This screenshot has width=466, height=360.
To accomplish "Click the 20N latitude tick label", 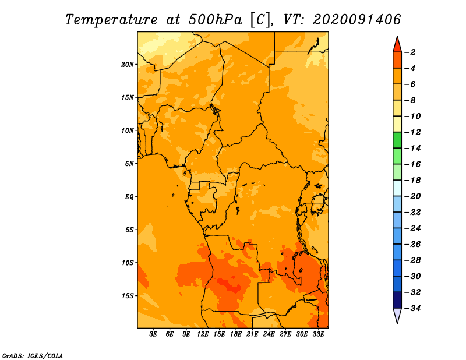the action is [x=128, y=65].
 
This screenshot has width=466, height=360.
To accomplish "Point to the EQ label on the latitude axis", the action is [x=129, y=197].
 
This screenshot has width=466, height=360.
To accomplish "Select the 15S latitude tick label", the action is [x=128, y=296].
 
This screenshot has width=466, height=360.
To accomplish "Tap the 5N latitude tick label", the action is [x=129, y=164].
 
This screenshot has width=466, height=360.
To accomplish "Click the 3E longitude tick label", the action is [x=153, y=334].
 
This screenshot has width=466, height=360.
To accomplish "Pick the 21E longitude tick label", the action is [x=252, y=334].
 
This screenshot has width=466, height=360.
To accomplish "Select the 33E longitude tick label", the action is [x=318, y=334].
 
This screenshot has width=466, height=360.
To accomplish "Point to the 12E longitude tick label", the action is [x=203, y=334].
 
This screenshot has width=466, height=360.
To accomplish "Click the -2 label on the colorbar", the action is [x=411, y=52].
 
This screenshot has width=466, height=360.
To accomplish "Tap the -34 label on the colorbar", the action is [x=412, y=308].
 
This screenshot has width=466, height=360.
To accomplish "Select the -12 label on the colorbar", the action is [x=412, y=132].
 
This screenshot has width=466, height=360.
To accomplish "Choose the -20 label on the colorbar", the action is [x=412, y=196].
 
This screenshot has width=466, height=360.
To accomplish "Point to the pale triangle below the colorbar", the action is [x=397, y=315].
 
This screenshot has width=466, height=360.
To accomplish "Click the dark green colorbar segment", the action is [x=397, y=140].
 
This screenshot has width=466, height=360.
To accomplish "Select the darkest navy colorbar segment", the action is [x=397, y=300].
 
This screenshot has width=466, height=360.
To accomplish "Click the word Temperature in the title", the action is [x=111, y=20].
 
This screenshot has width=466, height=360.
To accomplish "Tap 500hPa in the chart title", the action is [x=215, y=20].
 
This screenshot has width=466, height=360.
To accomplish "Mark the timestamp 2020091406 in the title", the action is [x=357, y=20].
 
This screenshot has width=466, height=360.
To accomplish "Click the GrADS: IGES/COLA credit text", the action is [x=33, y=356].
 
